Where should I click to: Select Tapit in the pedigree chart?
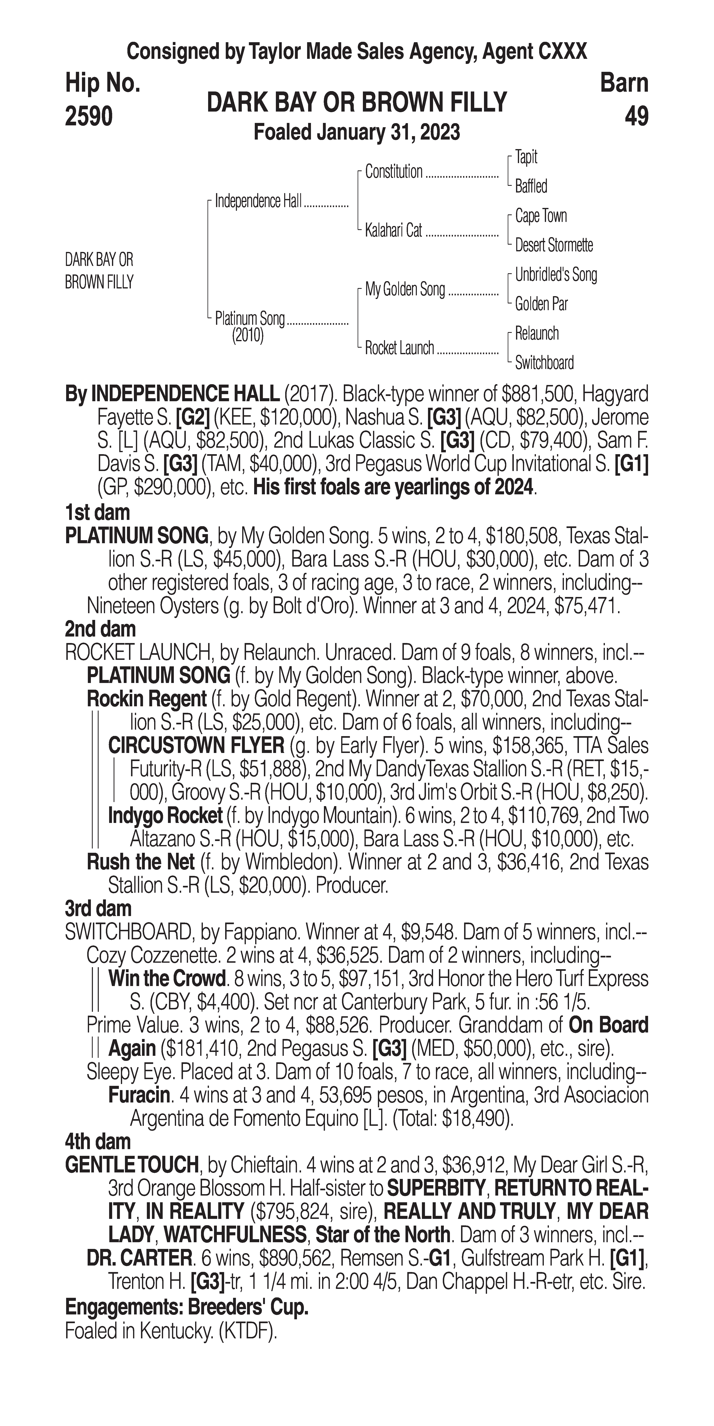526,157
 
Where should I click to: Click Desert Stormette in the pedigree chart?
554,245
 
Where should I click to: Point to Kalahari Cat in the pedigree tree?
394,231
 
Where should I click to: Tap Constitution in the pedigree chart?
394,172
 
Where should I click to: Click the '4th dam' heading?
98,1141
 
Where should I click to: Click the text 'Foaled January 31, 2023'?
356,133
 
